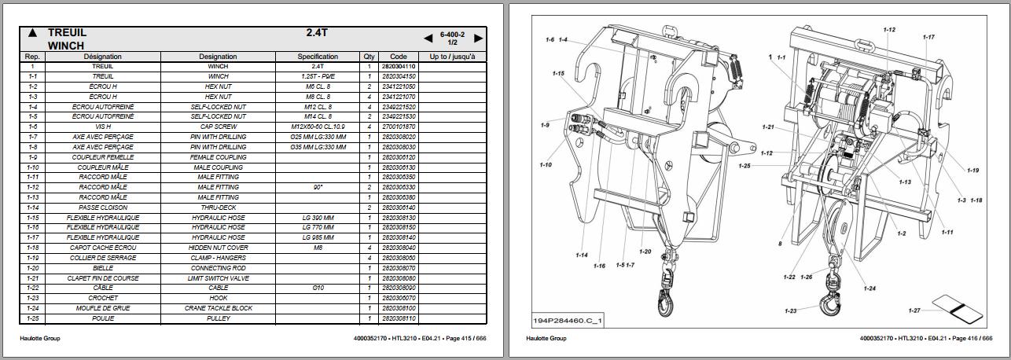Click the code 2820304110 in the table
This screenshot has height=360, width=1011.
coord(398,67)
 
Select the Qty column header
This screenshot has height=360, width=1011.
coord(369,57)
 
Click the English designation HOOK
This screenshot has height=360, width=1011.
coord(218,299)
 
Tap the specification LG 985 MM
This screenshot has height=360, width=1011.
coord(318,237)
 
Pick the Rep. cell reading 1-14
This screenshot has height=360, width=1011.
coord(32,208)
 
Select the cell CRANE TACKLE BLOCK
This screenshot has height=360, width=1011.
coord(218,309)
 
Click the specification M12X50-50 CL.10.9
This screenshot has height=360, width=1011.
coord(318,127)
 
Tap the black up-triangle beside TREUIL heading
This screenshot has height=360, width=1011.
coord(31,34)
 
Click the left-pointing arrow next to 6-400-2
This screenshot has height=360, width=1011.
coord(428,38)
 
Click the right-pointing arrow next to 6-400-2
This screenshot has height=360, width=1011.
coord(478,38)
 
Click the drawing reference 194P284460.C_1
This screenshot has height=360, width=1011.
coord(561,321)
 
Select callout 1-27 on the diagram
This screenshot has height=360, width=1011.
coord(913,310)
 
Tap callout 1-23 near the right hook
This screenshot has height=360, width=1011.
coord(791,311)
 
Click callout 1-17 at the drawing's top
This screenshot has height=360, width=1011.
coord(928,37)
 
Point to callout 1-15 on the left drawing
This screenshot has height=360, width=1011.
coord(558,73)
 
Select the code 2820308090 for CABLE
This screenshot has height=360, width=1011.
coord(398,288)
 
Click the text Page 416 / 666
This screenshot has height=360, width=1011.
coord(971,339)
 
